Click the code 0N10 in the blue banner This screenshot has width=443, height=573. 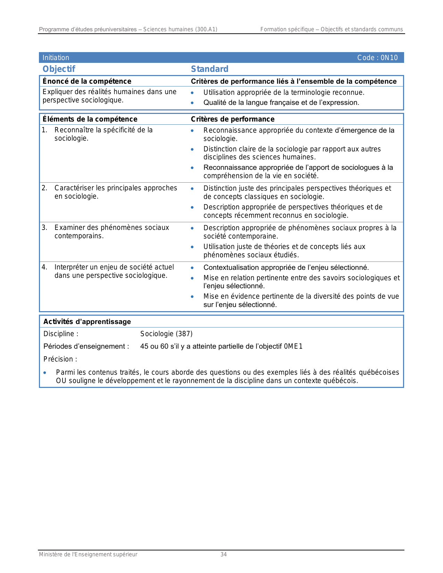pyautogui.click(x=389, y=58)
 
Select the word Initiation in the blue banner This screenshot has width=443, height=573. pyautogui.click(x=56, y=58)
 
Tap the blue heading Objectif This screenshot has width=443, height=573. pyautogui.click(x=59, y=69)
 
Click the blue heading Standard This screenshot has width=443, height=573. pyautogui.click(x=210, y=69)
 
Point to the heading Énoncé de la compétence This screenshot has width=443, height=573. pyautogui.click(x=87, y=81)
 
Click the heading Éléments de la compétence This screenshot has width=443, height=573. pyautogui.click(x=90, y=119)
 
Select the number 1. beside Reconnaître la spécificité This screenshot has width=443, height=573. pyautogui.click(x=44, y=130)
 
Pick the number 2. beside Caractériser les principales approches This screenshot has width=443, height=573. pyautogui.click(x=44, y=188)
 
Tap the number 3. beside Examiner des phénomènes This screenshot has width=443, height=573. pyautogui.click(x=44, y=227)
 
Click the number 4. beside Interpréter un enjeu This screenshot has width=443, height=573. pyautogui.click(x=44, y=267)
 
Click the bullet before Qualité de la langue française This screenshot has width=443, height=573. pyautogui.click(x=192, y=103)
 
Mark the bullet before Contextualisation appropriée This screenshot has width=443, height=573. pyautogui.click(x=192, y=268)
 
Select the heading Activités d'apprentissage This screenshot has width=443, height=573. pyautogui.click(x=87, y=322)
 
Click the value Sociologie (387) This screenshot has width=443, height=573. pyautogui.click(x=166, y=334)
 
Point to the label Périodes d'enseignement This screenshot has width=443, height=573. pyautogui.click(x=86, y=346)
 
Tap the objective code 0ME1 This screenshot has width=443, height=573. pyautogui.click(x=293, y=346)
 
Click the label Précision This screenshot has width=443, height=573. pyautogui.click(x=60, y=359)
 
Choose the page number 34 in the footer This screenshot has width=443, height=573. pyautogui.click(x=223, y=555)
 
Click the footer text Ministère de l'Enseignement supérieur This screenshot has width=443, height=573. pyautogui.click(x=88, y=555)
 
